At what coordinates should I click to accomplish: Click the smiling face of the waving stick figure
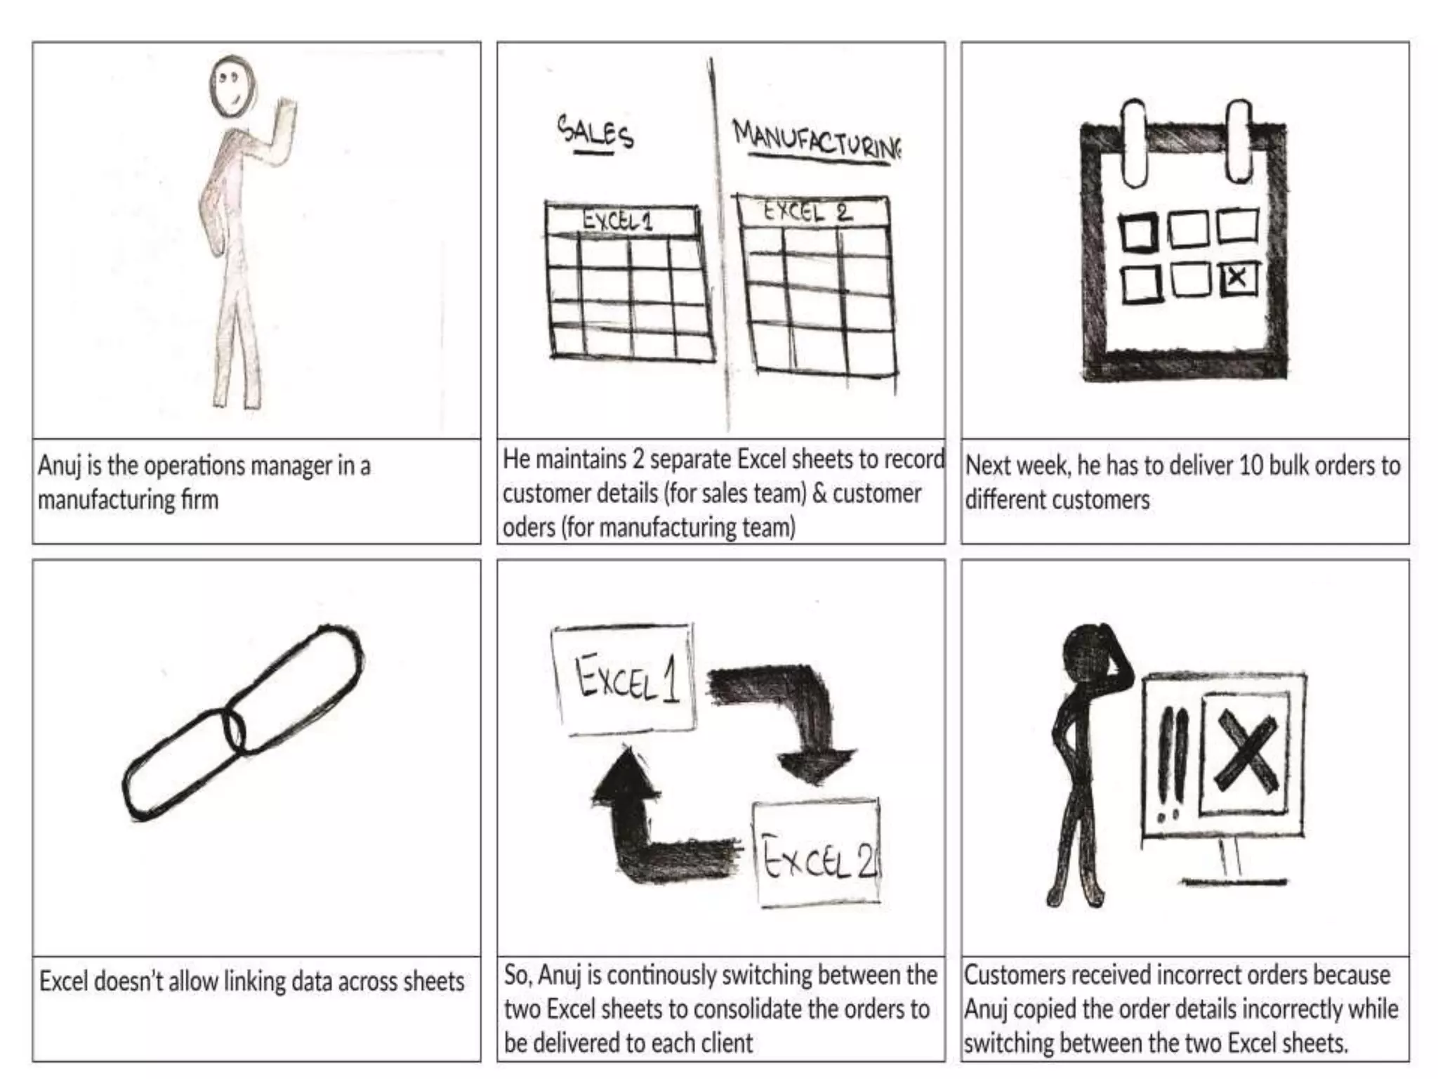click(x=232, y=86)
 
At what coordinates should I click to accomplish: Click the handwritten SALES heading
click(x=595, y=132)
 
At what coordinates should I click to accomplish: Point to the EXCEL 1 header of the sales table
click(x=619, y=221)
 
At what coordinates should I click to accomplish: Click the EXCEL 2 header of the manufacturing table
click(x=808, y=211)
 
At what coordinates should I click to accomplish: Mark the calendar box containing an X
click(x=1239, y=277)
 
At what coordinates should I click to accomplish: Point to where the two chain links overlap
click(x=235, y=731)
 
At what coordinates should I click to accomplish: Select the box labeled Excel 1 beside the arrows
click(x=624, y=679)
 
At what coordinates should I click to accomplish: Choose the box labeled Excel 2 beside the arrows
click(x=817, y=853)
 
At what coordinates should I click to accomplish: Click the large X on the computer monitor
click(x=1246, y=752)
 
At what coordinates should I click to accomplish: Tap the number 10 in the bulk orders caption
click(x=1251, y=465)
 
